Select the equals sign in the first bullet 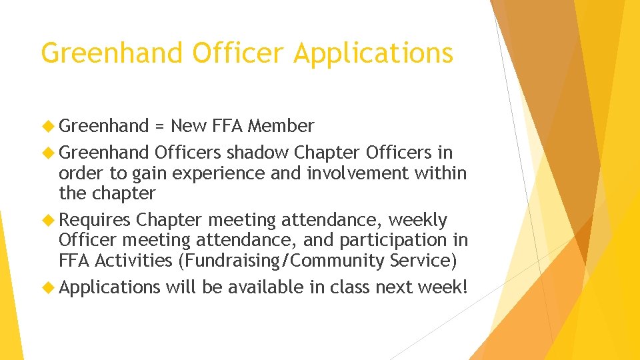(x=159, y=126)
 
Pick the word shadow (x=257, y=153)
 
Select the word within (x=441, y=173)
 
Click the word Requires (x=95, y=220)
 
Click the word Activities (x=133, y=260)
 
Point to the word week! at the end (x=444, y=287)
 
